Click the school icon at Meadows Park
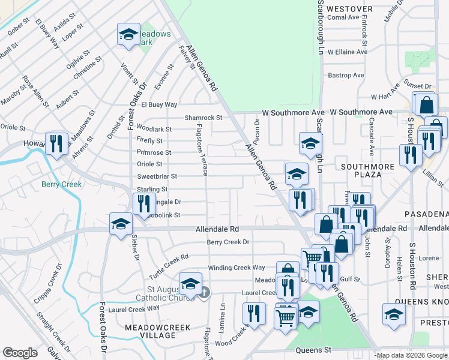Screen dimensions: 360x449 (x=128, y=35)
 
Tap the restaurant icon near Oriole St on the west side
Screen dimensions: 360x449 (x=56, y=143)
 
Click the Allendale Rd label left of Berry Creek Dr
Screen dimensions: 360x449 (x=217, y=229)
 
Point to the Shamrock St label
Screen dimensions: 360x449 (x=203, y=118)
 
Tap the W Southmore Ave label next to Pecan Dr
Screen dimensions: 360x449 (x=294, y=113)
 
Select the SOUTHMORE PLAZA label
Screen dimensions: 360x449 (x=368, y=170)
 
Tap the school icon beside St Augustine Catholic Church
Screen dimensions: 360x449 (x=190, y=283)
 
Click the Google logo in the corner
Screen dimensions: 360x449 (x=20, y=353)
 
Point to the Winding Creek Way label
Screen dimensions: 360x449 (x=237, y=268)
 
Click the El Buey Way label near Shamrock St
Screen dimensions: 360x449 (x=159, y=104)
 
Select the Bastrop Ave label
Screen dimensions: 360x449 (x=346, y=76)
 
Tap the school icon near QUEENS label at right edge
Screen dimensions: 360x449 (x=394, y=314)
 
